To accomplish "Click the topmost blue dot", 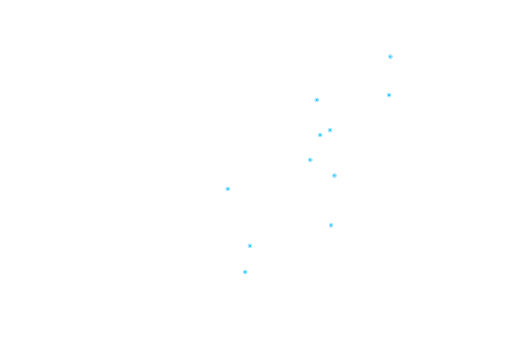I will (x=390, y=57).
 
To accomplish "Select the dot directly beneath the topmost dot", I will (x=389, y=95).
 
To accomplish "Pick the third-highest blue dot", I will (x=317, y=100).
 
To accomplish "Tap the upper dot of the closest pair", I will (x=330, y=130).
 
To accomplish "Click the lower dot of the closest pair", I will (x=320, y=135).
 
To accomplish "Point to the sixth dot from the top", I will (x=310, y=160).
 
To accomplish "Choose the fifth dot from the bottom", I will (x=334, y=176).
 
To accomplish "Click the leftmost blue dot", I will (x=228, y=189).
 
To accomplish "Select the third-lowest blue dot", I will (x=331, y=225).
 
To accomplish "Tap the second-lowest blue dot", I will (x=250, y=246).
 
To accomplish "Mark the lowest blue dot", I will (x=245, y=272).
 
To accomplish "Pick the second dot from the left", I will (x=245, y=272).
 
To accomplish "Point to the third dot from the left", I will (x=250, y=246).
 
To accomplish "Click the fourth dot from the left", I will (x=310, y=160).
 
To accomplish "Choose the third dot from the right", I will (x=334, y=176).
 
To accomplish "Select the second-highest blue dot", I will (x=389, y=95).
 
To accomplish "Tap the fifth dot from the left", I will (x=317, y=100).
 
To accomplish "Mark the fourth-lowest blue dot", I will (x=228, y=189).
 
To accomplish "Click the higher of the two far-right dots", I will (x=390, y=57).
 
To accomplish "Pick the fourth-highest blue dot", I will (x=330, y=130).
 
